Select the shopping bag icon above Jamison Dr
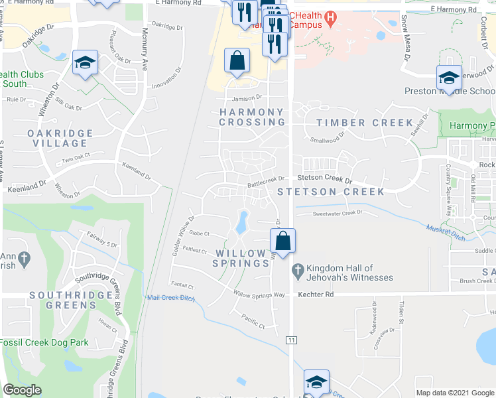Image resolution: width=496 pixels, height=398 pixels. pos(237,61)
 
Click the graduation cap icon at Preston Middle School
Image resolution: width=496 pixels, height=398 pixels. pos(449,78)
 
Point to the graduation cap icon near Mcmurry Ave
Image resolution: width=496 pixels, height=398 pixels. pos(85,63)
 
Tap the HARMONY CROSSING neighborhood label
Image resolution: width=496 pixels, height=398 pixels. pos(252,117)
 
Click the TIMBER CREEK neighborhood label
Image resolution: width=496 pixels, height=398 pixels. pos(365,123)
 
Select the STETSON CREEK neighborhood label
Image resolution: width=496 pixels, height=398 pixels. pos(331,192)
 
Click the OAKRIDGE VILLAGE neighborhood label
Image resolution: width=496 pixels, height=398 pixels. pos(60,137)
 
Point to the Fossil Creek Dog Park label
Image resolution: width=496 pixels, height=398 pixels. pos(44,342)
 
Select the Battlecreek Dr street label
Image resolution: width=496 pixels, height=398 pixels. pos(265,178)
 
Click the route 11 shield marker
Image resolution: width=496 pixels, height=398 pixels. pos(291,340)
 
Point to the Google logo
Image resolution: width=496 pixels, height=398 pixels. pos(22,390)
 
